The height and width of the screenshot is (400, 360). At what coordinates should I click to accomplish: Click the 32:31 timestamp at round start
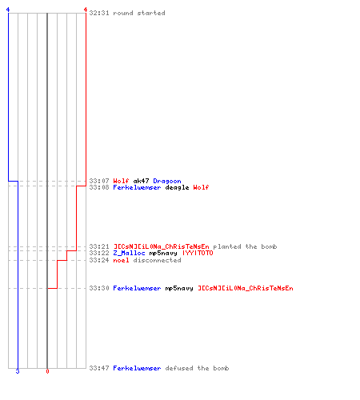pyautogui.click(x=99, y=13)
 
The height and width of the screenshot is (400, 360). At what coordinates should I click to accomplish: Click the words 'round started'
pyautogui.click(x=139, y=13)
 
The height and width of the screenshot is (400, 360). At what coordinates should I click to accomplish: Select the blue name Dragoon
pyautogui.click(x=167, y=181)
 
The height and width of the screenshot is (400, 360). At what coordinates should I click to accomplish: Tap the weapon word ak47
pyautogui.click(x=141, y=181)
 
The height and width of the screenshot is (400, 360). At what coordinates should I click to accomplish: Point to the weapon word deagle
pyautogui.click(x=177, y=187)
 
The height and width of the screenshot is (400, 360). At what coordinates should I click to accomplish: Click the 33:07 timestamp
pyautogui.click(x=99, y=181)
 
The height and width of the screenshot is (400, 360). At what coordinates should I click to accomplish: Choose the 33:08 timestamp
pyautogui.click(x=99, y=187)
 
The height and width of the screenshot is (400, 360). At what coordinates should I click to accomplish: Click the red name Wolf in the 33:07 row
pyautogui.click(x=121, y=181)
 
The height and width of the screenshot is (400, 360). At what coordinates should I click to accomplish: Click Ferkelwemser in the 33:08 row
pyautogui.click(x=137, y=187)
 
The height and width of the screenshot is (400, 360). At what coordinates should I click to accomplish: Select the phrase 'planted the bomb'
pyautogui.click(x=245, y=246)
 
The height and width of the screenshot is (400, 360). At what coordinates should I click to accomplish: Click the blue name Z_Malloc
pyautogui.click(x=129, y=253)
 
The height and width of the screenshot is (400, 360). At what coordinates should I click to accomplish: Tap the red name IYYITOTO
pyautogui.click(x=198, y=253)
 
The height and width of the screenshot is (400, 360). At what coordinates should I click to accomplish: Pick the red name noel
pyautogui.click(x=121, y=260)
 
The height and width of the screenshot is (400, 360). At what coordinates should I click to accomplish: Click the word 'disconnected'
pyautogui.click(x=157, y=260)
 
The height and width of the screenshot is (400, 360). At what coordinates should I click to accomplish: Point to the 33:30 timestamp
pyautogui.click(x=99, y=288)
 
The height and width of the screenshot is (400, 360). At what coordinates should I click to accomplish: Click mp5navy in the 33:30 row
pyautogui.click(x=179, y=288)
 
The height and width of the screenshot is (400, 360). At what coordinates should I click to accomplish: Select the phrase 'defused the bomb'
pyautogui.click(x=197, y=368)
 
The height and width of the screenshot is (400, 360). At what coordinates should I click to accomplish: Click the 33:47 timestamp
pyautogui.click(x=99, y=368)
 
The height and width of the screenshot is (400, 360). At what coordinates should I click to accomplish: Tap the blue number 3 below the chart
pyautogui.click(x=18, y=371)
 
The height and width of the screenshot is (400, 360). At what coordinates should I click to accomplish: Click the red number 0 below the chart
pyautogui.click(x=47, y=371)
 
